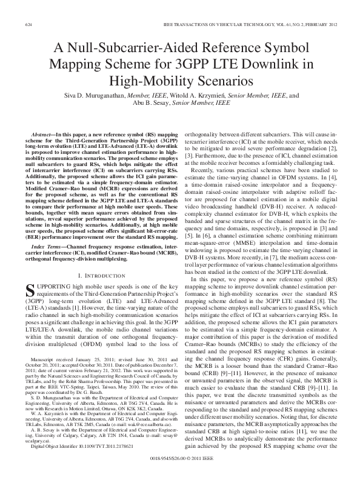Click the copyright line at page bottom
179,459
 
